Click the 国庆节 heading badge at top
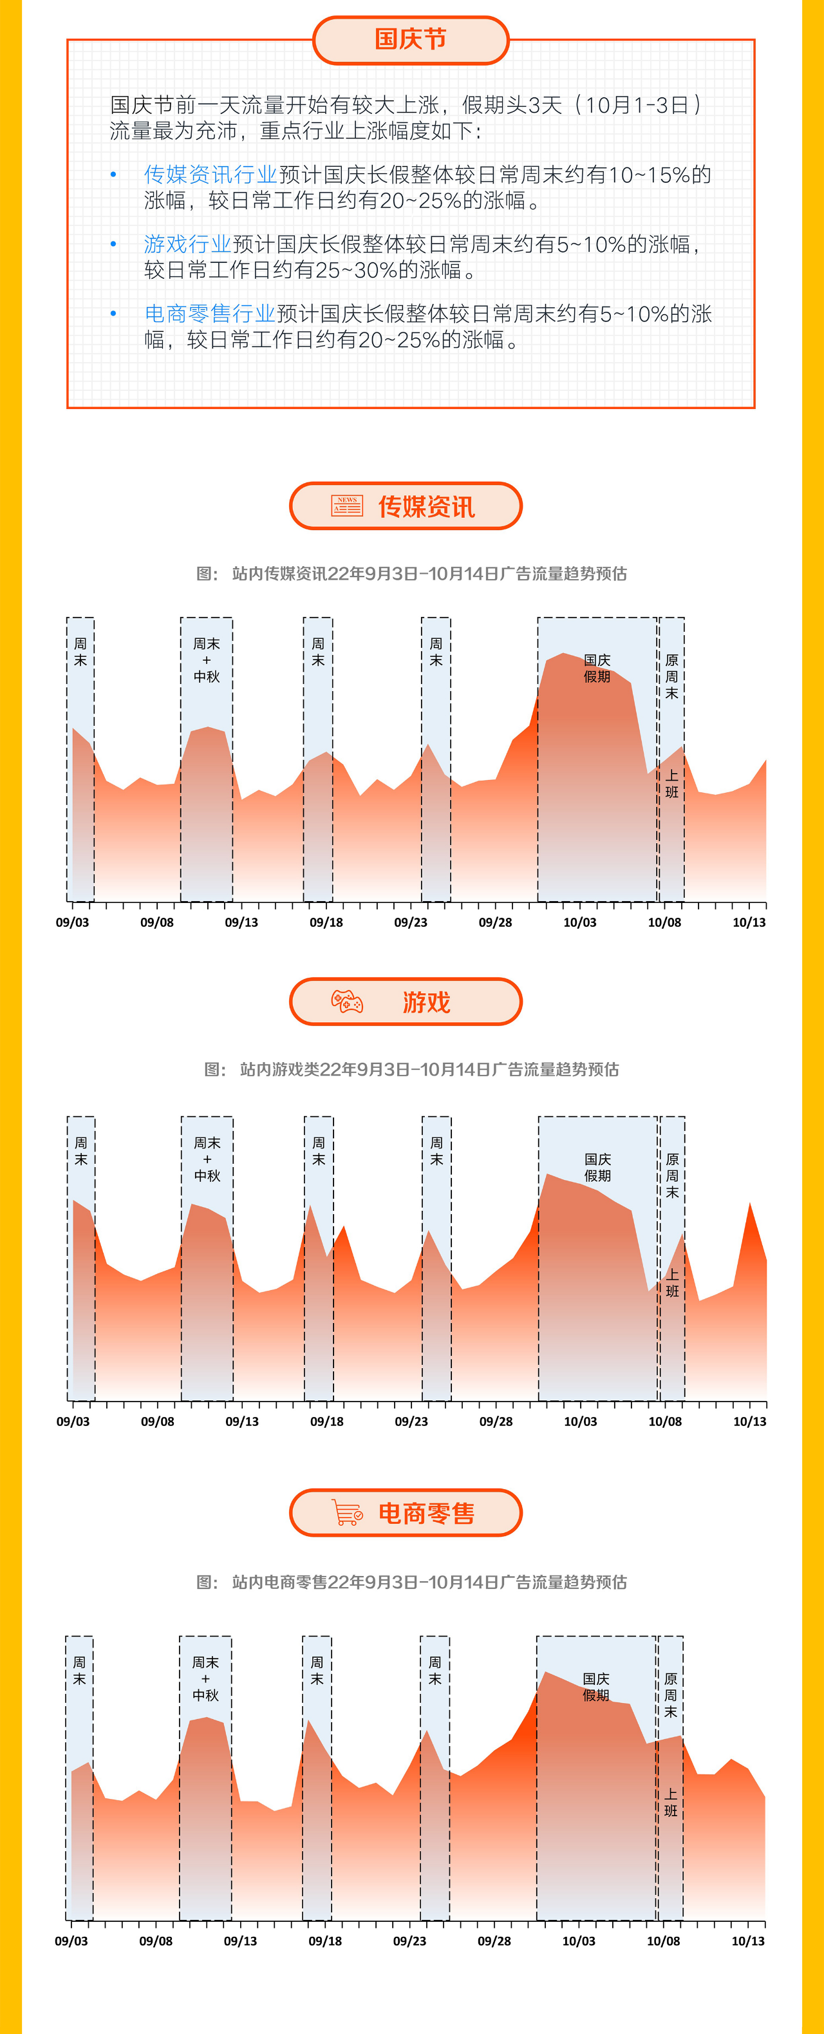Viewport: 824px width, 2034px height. (x=411, y=39)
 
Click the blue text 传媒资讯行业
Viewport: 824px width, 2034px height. (x=210, y=175)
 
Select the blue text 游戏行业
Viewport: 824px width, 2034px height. (x=187, y=244)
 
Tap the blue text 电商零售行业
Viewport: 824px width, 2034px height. (x=209, y=314)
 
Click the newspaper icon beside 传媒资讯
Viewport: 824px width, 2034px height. (x=346, y=506)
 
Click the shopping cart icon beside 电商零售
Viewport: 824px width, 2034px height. (x=346, y=1512)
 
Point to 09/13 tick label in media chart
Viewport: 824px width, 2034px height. (x=241, y=922)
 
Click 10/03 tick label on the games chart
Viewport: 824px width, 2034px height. (x=580, y=1421)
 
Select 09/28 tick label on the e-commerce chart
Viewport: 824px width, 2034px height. (x=494, y=1941)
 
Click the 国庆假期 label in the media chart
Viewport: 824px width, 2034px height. (x=597, y=668)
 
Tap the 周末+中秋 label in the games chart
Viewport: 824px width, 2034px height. (x=207, y=1159)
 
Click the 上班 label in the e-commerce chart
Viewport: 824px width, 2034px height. (x=670, y=1803)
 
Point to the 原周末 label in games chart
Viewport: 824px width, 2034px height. (x=671, y=1175)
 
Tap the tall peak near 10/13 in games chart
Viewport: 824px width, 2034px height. (x=749, y=1205)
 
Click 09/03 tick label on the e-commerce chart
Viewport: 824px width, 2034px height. (x=71, y=1941)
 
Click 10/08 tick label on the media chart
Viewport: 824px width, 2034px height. (x=664, y=922)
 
